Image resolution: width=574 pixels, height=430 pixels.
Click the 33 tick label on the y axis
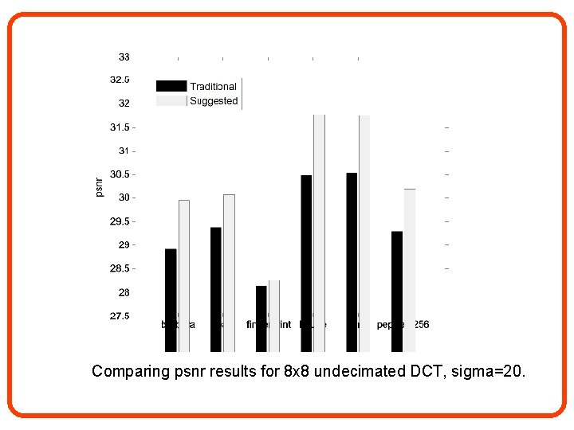[x=124, y=57]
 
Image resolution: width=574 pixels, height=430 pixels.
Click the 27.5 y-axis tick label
[x=120, y=316]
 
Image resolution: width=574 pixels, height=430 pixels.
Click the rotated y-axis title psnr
[x=99, y=186]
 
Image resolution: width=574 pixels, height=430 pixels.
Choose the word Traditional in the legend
[x=213, y=86]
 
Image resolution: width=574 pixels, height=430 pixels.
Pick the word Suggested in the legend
[x=214, y=101]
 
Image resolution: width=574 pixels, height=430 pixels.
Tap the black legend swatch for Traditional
[x=171, y=86]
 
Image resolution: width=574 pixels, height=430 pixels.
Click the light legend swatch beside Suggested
[x=171, y=101]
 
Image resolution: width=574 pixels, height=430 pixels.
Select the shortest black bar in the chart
[x=261, y=319]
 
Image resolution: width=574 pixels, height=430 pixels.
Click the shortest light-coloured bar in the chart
[x=274, y=315]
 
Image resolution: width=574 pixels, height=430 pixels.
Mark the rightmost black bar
[x=397, y=291]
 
